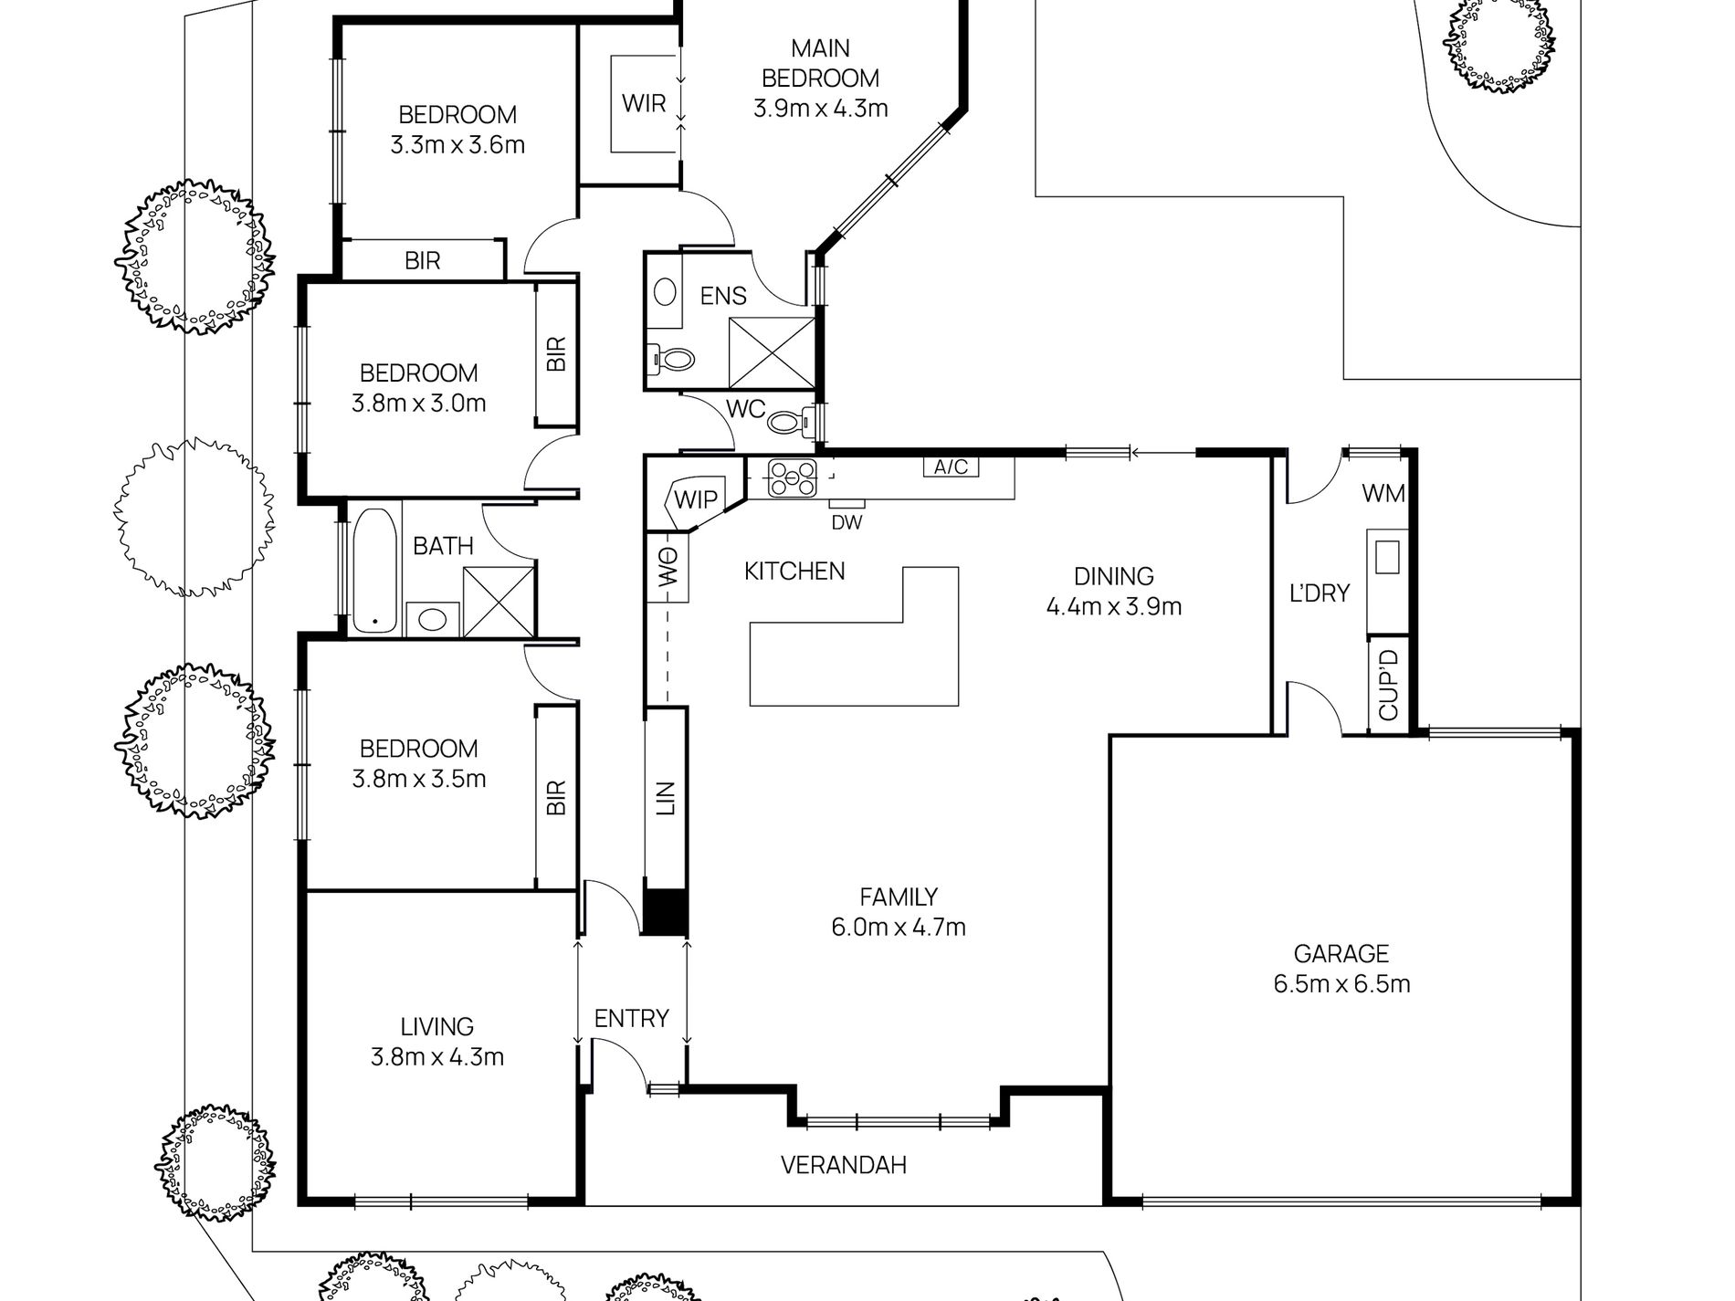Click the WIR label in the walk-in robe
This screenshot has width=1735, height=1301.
click(644, 102)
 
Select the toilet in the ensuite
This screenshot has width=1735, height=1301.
click(672, 358)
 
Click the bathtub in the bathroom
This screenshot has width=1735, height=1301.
click(374, 571)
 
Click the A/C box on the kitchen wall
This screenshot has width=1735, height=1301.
click(951, 467)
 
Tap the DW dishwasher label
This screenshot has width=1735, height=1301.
click(846, 523)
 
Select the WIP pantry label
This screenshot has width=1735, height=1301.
click(696, 499)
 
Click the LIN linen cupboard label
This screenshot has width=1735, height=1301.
click(666, 797)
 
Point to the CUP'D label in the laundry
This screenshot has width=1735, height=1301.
click(1388, 684)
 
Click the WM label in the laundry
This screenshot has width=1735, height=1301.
click(1383, 494)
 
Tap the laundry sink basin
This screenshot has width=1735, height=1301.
click(1387, 556)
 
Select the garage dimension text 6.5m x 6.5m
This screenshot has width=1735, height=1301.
click(1341, 984)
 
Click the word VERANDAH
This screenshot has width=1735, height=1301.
click(843, 1165)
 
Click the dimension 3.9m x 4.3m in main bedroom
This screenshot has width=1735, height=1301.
click(820, 109)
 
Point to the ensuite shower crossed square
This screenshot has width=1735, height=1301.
click(772, 352)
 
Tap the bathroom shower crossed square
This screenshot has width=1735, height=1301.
click(498, 600)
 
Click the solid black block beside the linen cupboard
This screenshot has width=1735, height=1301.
click(665, 910)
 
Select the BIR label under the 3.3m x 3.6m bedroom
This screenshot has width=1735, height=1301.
click(423, 261)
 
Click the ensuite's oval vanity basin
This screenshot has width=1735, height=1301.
click(667, 291)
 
